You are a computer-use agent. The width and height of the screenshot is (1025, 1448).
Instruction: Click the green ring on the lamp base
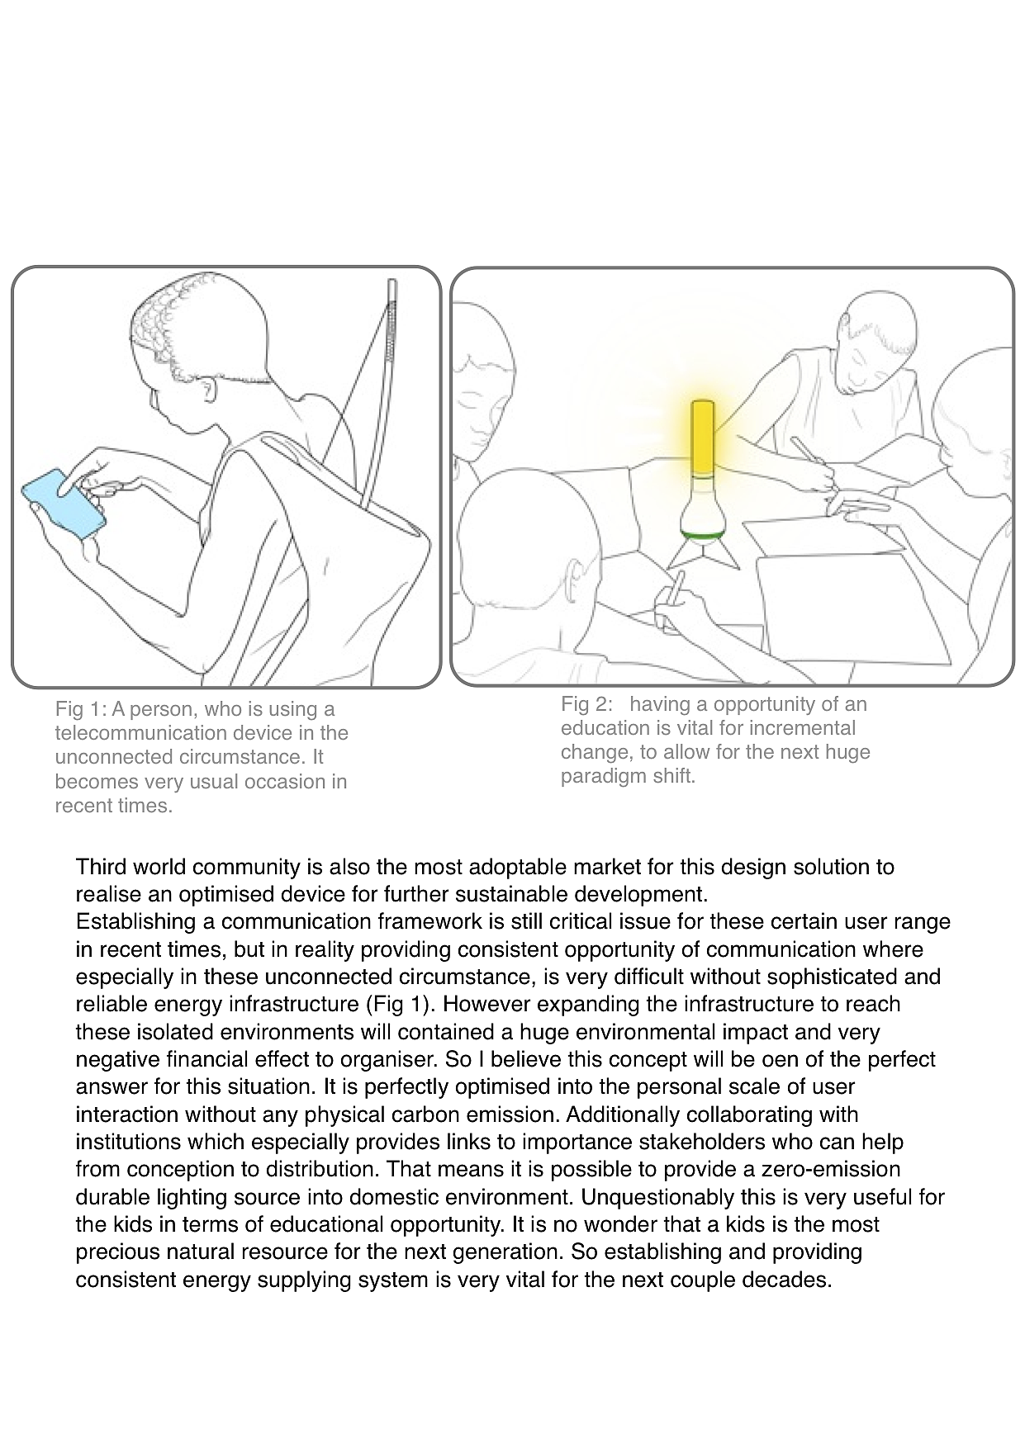click(703, 537)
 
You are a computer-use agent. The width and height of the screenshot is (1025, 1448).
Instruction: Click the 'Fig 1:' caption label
click(81, 709)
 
